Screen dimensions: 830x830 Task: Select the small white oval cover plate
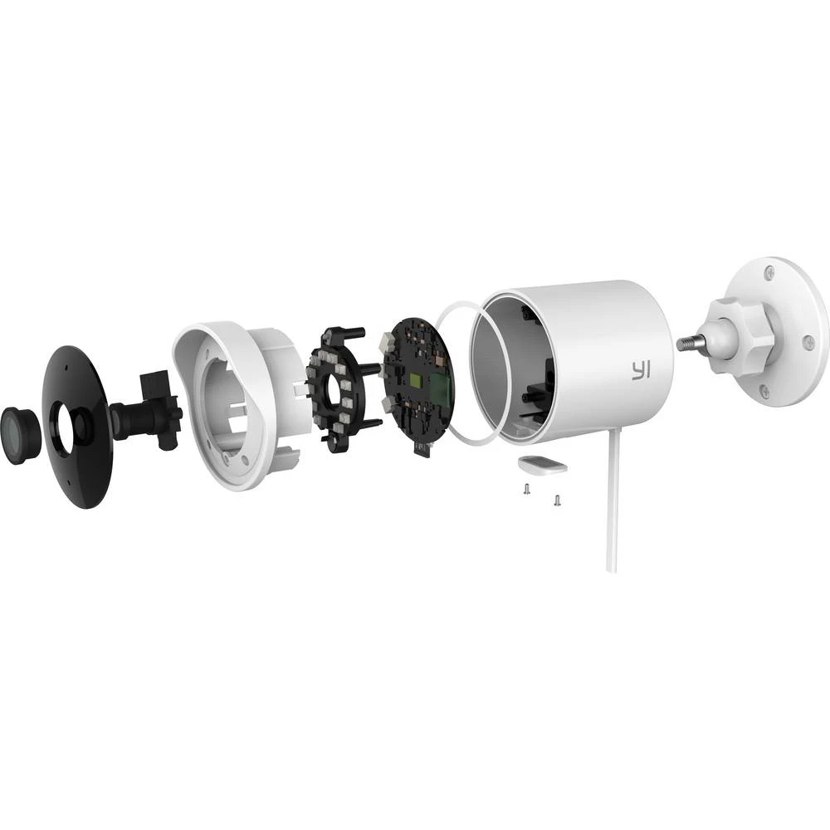tap(544, 465)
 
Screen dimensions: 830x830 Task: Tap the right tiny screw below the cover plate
tap(557, 499)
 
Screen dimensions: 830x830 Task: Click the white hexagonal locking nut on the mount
tap(739, 330)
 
